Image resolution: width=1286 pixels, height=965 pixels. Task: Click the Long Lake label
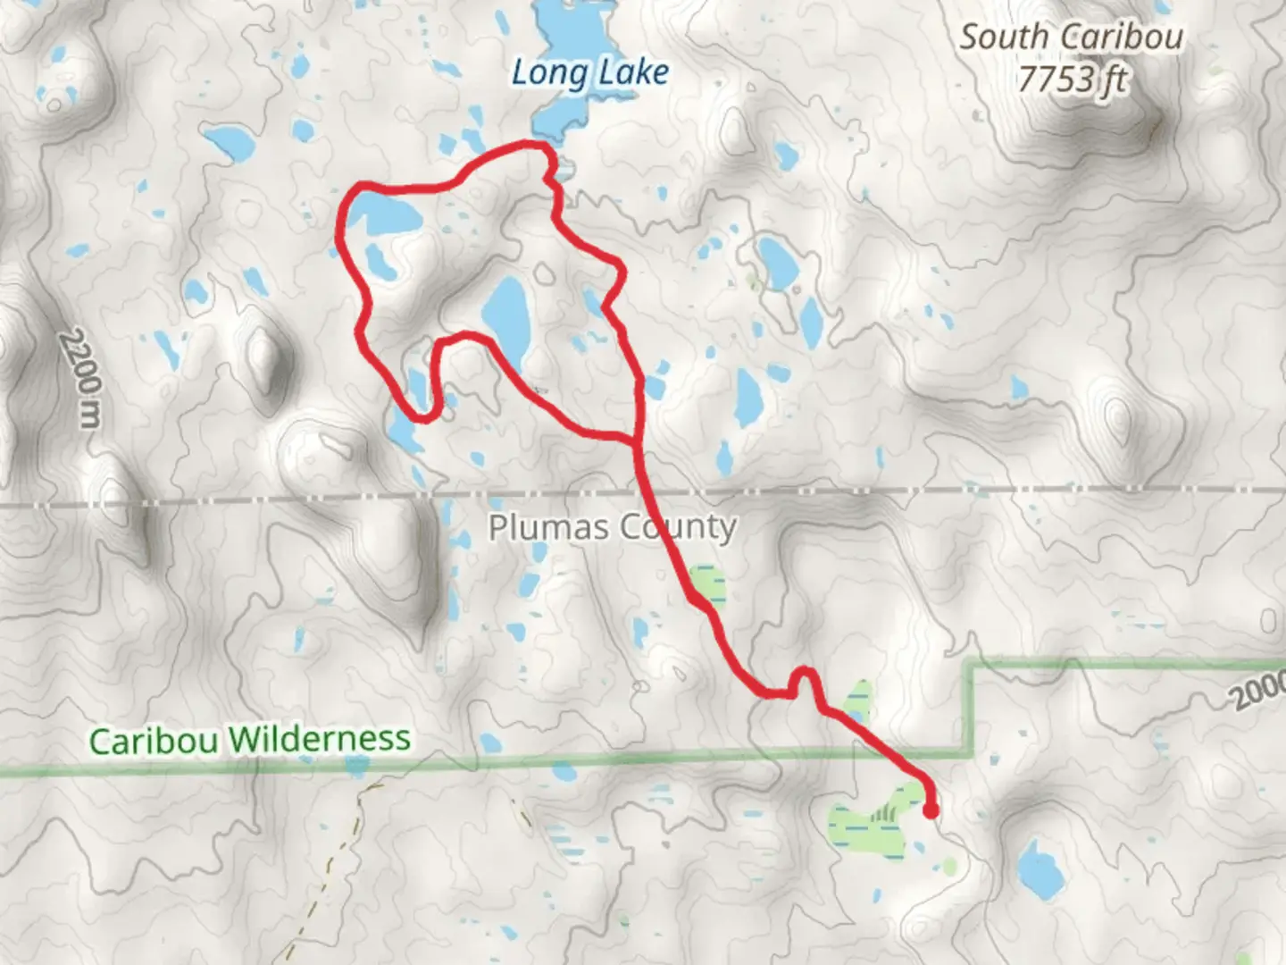[x=589, y=73]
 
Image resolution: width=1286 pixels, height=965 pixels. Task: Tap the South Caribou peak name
[x=1071, y=38]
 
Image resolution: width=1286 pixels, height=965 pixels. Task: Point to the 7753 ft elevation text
[x=1073, y=80]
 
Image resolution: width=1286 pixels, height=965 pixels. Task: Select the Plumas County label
[x=612, y=527]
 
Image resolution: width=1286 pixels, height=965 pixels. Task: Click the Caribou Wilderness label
[x=250, y=740]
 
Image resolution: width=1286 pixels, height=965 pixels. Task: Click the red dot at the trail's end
[x=931, y=811]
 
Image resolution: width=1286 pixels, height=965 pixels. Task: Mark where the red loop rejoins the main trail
[x=636, y=440]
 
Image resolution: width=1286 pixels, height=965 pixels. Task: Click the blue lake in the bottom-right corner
[x=1039, y=869]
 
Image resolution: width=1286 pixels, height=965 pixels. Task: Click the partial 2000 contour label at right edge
[x=1259, y=690]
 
